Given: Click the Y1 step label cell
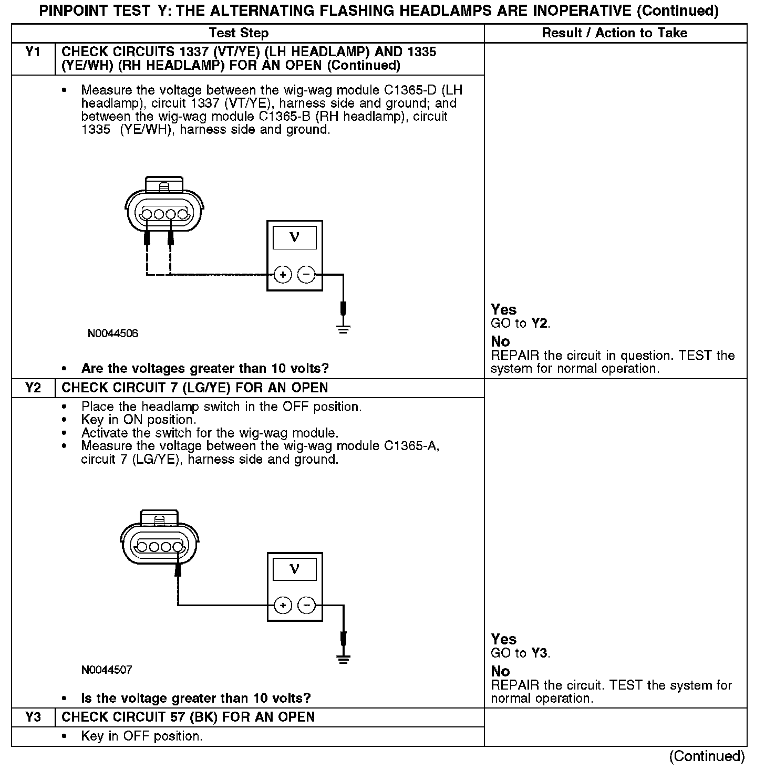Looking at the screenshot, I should (x=33, y=52).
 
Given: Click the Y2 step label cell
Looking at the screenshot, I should (x=33, y=388).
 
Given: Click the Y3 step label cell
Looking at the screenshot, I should (x=33, y=717).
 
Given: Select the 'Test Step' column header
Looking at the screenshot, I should (x=239, y=33).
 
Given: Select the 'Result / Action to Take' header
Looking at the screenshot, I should (x=614, y=33).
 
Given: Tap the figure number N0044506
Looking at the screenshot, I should (x=113, y=334).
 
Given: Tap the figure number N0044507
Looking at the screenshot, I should (x=107, y=670).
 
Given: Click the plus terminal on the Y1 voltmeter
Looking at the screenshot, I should (x=283, y=274).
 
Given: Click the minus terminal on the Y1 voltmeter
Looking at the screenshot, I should (x=307, y=274).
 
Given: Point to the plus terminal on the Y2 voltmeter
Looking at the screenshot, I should (x=283, y=606).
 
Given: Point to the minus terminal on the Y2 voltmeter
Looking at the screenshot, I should (x=307, y=606).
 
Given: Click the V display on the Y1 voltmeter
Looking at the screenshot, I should (x=295, y=238).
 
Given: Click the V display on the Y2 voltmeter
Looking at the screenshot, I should (x=295, y=569).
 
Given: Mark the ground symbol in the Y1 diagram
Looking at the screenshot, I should (x=343, y=330).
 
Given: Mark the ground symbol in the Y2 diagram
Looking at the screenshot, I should (x=343, y=660).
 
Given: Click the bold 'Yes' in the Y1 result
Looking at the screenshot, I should (x=503, y=309).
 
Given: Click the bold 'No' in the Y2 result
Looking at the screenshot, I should (x=500, y=671).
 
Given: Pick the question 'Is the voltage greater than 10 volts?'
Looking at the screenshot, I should (x=195, y=698).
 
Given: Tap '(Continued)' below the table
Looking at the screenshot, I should (x=707, y=756).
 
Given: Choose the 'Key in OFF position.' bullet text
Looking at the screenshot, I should (x=142, y=736).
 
